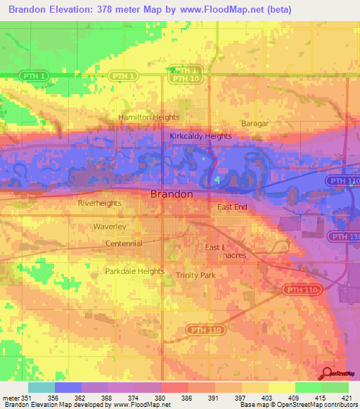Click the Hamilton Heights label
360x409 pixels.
coord(148,117)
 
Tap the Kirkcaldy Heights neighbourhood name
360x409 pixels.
coord(200,136)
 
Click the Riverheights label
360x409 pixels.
coord(99,203)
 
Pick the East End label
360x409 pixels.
coord(232,207)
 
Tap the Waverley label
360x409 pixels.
coord(110,227)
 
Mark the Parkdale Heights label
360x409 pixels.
coord(134,271)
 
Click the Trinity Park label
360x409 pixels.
coord(195,275)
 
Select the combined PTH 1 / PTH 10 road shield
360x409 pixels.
coord(186,75)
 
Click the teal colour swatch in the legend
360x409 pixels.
coord(41,387)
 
